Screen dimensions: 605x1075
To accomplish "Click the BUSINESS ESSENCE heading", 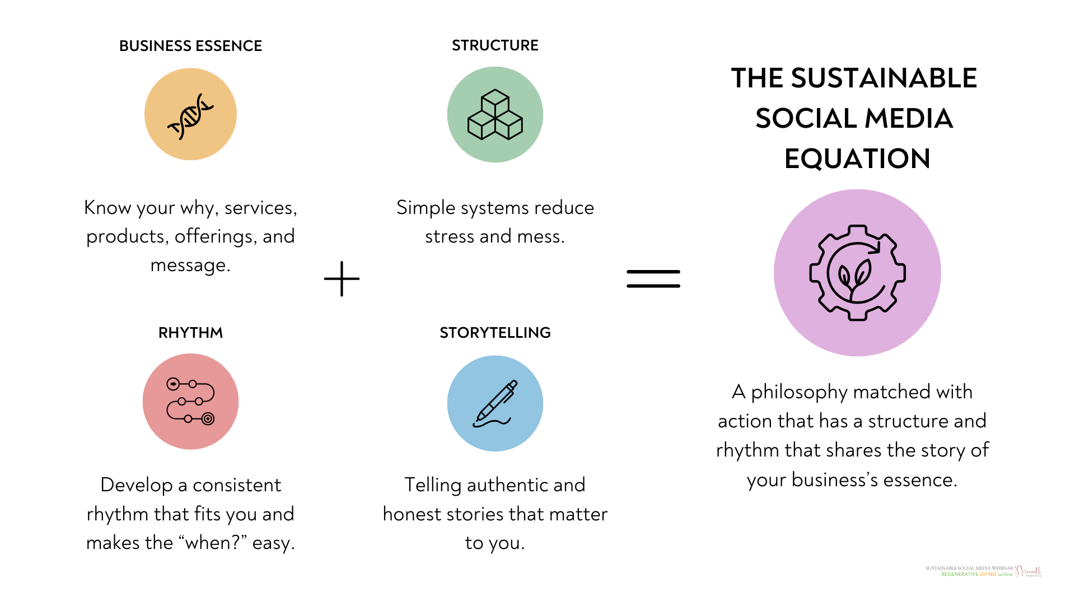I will click(190, 46).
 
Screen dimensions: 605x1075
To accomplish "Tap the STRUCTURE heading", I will click(495, 45).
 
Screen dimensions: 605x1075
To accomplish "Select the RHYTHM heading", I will click(190, 333).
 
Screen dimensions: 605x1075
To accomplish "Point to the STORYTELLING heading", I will click(495, 333).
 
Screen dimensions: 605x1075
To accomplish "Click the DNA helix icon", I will click(190, 115).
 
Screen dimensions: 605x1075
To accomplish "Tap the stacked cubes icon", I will click(495, 115).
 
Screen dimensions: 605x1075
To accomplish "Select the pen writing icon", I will click(495, 403).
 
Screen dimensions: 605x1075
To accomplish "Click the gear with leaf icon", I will click(857, 273).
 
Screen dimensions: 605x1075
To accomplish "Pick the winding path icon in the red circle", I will click(190, 401).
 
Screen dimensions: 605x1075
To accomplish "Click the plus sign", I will click(342, 278).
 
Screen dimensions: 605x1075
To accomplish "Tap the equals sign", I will click(653, 278).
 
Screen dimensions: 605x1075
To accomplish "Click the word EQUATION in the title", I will click(857, 159).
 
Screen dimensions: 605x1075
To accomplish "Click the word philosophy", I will click(799, 392).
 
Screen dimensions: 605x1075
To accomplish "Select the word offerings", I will click(216, 236).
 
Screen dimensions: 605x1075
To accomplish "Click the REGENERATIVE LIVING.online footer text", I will click(976, 574).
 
